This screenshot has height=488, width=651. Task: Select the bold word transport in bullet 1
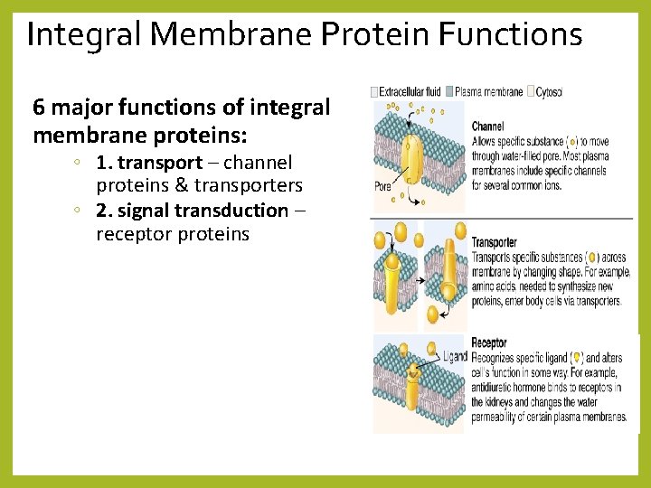pyautogui.click(x=164, y=163)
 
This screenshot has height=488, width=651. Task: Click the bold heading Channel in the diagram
pyautogui.click(x=487, y=127)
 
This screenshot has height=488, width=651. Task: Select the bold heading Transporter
pyautogui.click(x=494, y=242)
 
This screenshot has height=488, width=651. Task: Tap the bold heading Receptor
pyautogui.click(x=489, y=343)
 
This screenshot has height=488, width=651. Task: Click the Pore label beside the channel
pyautogui.click(x=382, y=186)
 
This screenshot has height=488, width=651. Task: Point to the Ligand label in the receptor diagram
pyautogui.click(x=455, y=357)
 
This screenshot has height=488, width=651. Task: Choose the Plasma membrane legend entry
pyautogui.click(x=488, y=91)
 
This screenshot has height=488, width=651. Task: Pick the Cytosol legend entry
pyautogui.click(x=548, y=91)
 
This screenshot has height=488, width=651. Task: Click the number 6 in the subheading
pyautogui.click(x=39, y=108)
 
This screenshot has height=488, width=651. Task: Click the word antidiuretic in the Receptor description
pyautogui.click(x=494, y=388)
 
